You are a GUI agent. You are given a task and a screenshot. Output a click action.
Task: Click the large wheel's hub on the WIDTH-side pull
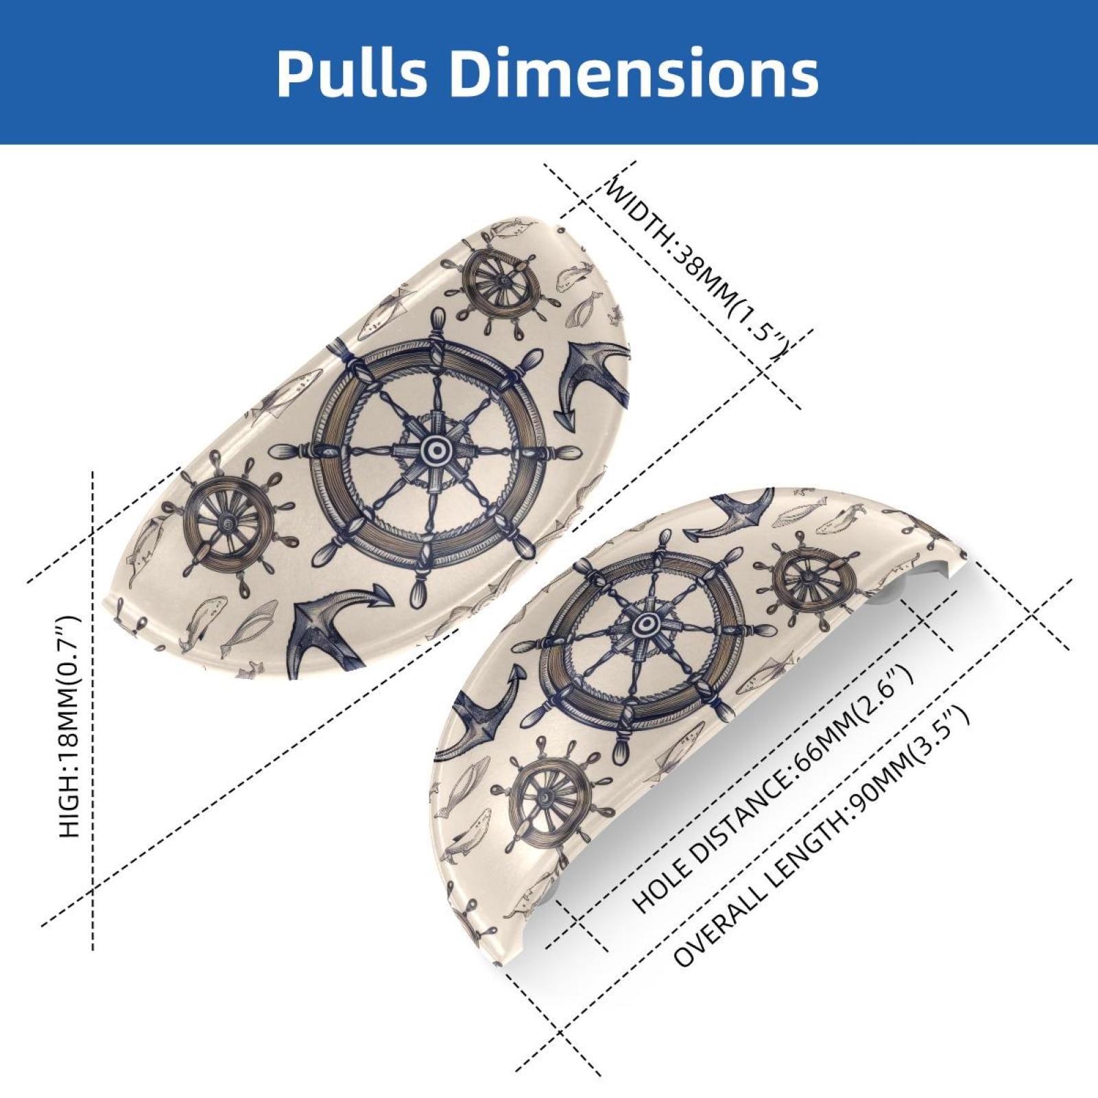click(433, 451)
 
